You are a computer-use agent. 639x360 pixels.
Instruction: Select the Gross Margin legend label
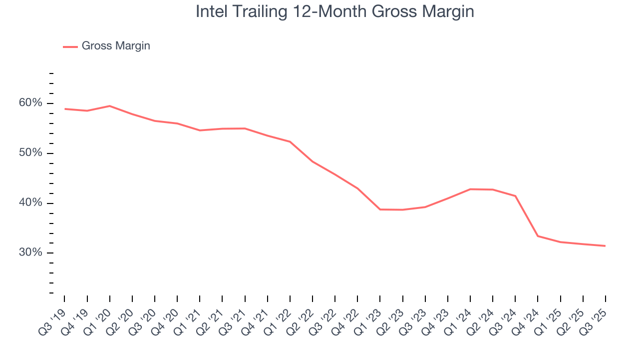(116, 46)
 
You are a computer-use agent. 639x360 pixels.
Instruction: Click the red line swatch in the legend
(70, 46)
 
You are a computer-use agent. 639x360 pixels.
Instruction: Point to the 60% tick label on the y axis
(31, 103)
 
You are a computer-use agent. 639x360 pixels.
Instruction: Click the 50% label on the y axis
(31, 153)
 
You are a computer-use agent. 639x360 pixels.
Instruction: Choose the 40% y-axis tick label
(31, 203)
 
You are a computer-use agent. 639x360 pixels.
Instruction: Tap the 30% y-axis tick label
(31, 253)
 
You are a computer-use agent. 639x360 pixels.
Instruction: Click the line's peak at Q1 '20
(110, 106)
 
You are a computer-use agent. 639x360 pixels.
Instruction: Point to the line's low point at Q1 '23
(380, 209)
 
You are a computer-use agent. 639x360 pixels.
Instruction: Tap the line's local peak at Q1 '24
(470, 189)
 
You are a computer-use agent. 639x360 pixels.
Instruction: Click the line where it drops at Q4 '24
(538, 236)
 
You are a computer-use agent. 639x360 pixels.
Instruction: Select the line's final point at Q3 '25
(605, 246)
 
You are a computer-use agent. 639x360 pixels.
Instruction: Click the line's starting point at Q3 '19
(65, 109)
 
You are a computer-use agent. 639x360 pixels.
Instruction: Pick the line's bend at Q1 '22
(290, 141)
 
